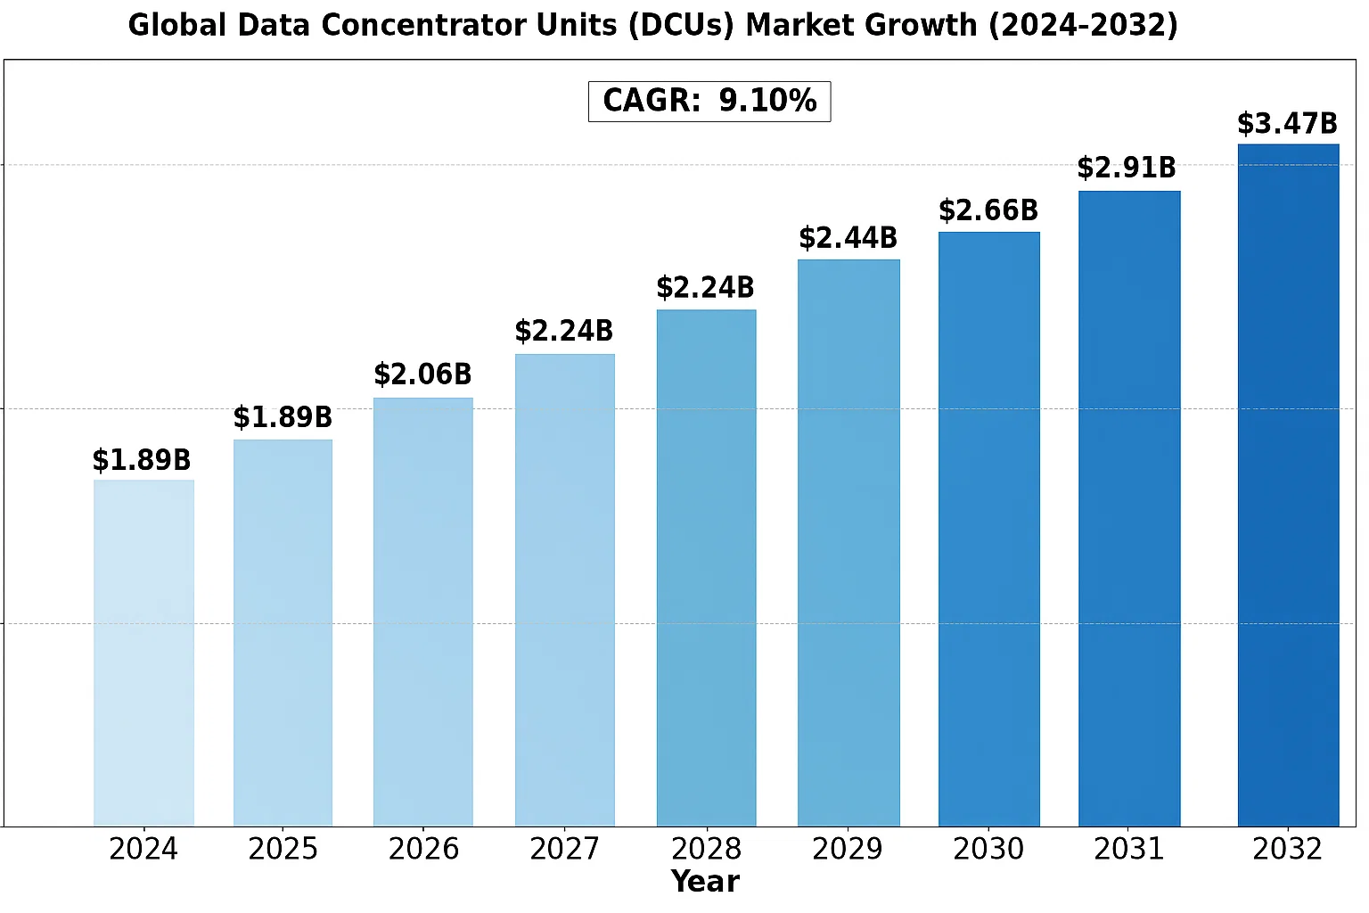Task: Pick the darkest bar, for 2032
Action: [1288, 485]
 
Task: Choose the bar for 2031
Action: [1129, 508]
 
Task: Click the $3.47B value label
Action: [1288, 124]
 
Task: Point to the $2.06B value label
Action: [423, 374]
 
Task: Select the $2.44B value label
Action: [848, 238]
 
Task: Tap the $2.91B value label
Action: [1127, 168]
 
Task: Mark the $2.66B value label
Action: [989, 210]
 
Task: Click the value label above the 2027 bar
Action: [564, 332]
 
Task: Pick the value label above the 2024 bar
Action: [143, 460]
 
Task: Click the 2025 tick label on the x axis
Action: [283, 849]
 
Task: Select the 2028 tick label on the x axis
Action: [707, 849]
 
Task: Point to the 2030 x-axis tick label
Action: [989, 849]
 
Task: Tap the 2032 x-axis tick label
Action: [1288, 849]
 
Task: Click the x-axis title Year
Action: [705, 882]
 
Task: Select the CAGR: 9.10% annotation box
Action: [709, 101]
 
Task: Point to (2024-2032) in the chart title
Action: [1083, 25]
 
